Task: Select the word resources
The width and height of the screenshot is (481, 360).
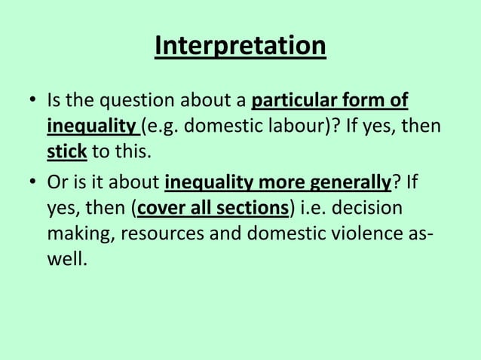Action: pos(158,235)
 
